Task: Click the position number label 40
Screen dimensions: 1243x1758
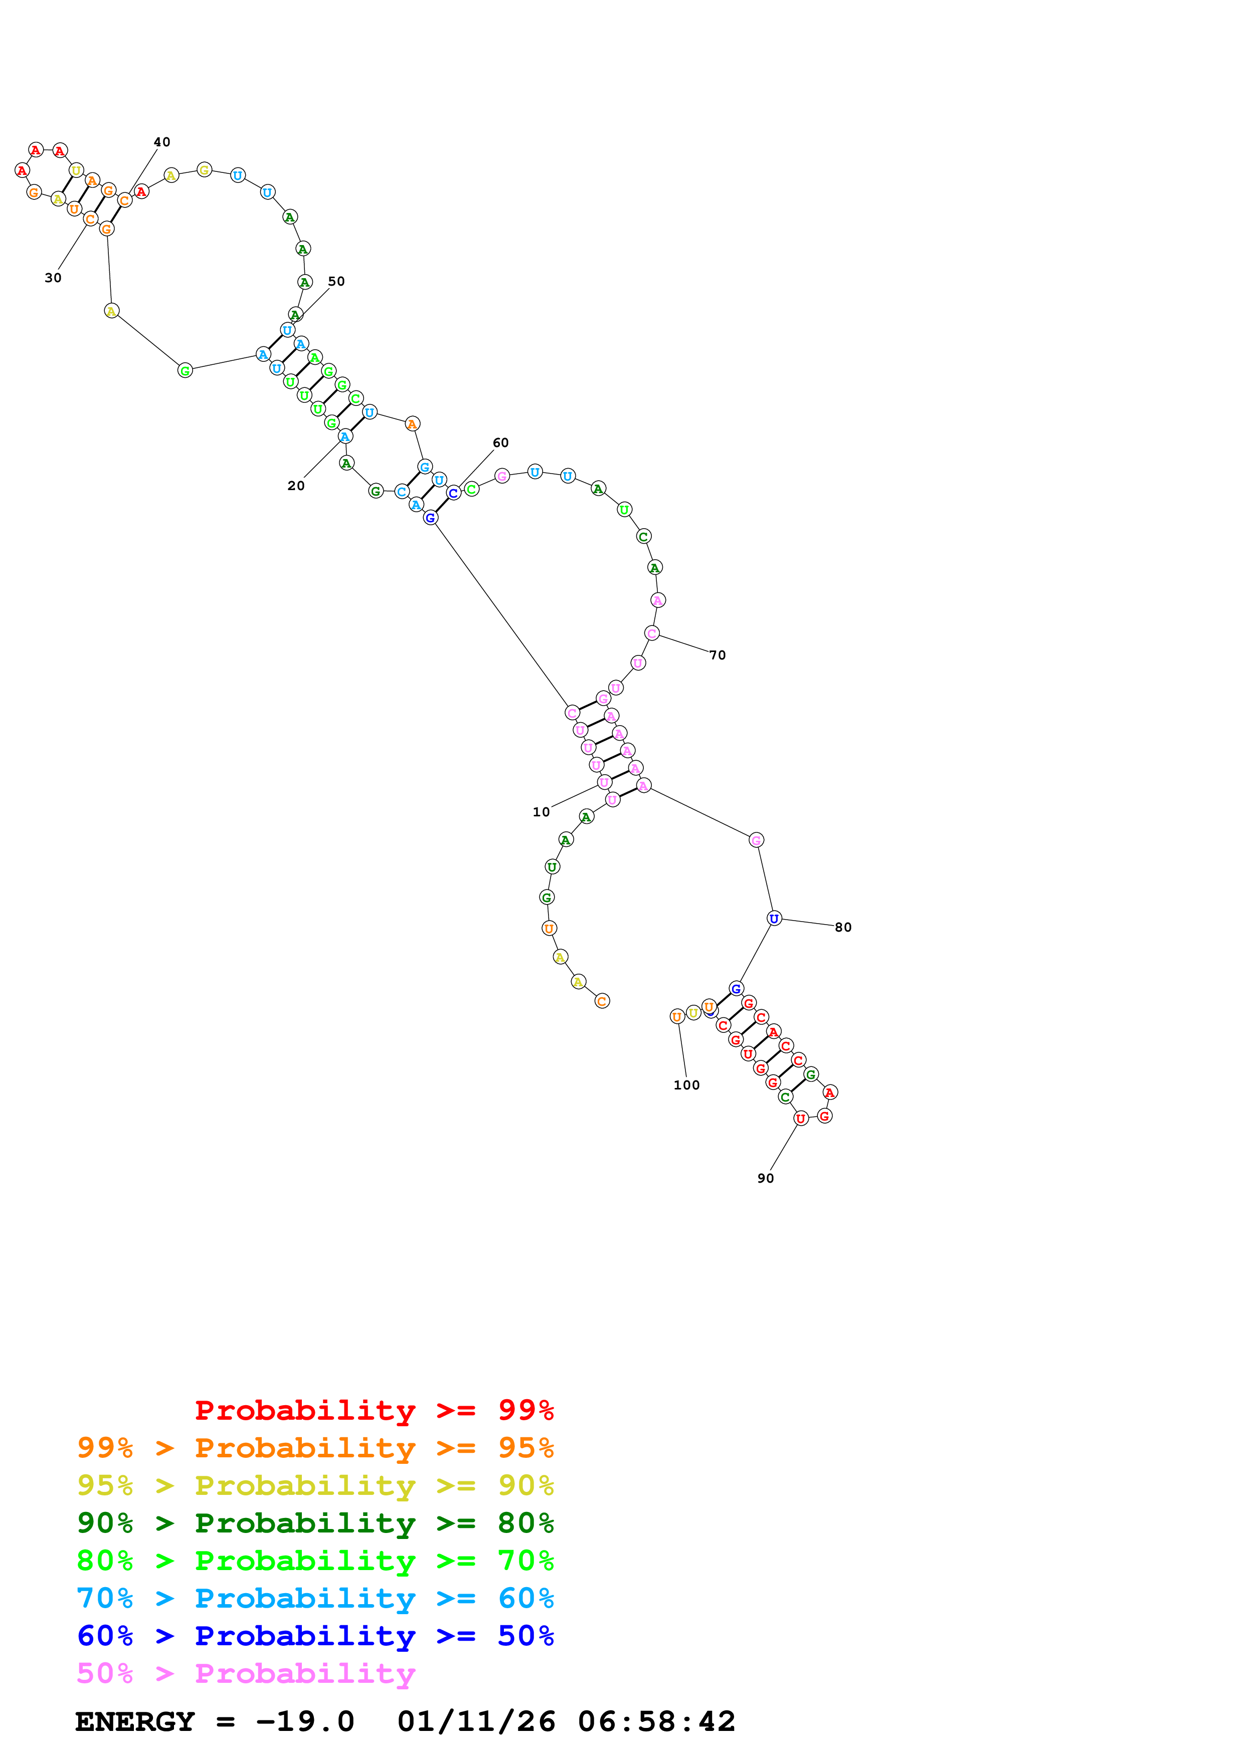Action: (x=161, y=142)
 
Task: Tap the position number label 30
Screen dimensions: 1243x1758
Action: (x=53, y=278)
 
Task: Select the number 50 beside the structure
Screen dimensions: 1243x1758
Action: (x=336, y=281)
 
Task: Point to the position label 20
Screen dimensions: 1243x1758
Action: (x=296, y=486)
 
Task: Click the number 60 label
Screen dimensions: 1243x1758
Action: (x=500, y=443)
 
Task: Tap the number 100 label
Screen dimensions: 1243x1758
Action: (x=686, y=1085)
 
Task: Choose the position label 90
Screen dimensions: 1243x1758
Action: (x=765, y=1178)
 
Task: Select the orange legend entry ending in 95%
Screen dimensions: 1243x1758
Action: (x=315, y=1448)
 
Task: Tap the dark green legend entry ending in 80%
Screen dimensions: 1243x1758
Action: (x=315, y=1523)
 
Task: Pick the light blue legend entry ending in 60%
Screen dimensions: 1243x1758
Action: (x=315, y=1598)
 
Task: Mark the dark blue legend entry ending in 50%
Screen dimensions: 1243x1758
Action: (x=315, y=1636)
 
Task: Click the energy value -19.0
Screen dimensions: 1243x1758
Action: (x=305, y=1722)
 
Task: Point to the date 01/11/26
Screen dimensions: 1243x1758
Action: (x=476, y=1722)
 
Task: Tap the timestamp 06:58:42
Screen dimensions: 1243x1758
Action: (x=656, y=1722)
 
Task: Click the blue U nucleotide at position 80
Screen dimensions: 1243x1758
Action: (x=774, y=918)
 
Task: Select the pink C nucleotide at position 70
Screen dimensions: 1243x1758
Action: (x=652, y=633)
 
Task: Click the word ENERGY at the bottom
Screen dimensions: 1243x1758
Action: (x=135, y=1722)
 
